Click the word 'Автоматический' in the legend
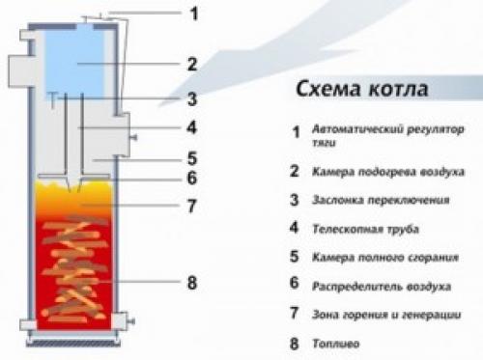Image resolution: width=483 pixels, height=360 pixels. click(x=362, y=129)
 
